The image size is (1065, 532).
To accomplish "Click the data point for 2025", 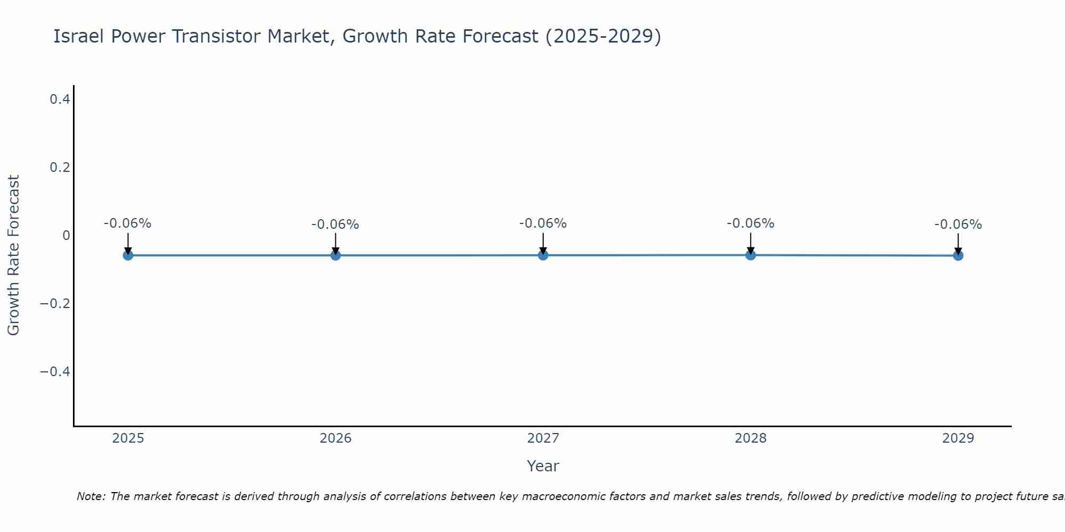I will [x=128, y=255].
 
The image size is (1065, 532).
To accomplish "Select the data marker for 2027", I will [x=543, y=255].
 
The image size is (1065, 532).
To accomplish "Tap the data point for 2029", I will [x=958, y=256].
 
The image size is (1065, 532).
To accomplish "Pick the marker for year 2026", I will [x=335, y=255].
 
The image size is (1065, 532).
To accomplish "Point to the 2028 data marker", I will [x=750, y=255].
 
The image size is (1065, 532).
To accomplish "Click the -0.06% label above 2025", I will [x=127, y=223].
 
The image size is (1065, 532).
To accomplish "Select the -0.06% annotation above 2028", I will [x=750, y=223].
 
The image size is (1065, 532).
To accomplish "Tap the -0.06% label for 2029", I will [x=958, y=225].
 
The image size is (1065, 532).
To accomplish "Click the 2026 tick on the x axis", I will [x=335, y=438].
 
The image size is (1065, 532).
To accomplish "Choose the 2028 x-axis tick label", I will [x=750, y=438].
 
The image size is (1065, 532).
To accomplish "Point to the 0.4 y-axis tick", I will [x=60, y=99].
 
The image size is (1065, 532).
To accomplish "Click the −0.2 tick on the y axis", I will [x=55, y=303].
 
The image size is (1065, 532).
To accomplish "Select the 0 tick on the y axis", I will [x=66, y=235].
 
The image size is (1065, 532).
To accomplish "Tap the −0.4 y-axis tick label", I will [x=55, y=371].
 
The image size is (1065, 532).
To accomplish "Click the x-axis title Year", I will [x=543, y=466].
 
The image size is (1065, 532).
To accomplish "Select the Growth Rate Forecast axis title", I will [x=13, y=255].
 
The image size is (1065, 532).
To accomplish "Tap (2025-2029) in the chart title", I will [x=603, y=36].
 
